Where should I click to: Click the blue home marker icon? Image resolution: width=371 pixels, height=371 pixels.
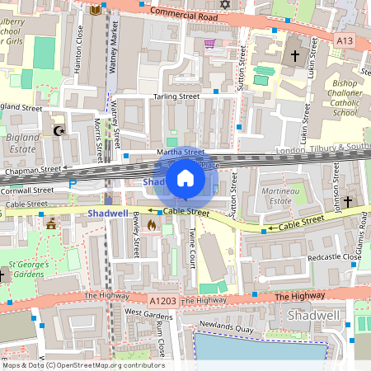[185, 178]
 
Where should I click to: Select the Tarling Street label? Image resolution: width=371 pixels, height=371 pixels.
[176, 96]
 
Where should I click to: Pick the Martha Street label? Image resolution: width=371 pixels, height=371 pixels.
[181, 152]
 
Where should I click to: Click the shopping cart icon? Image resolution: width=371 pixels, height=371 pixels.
[209, 44]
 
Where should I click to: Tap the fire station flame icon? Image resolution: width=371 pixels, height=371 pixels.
[151, 223]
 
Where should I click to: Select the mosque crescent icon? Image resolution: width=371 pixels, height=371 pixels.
[58, 130]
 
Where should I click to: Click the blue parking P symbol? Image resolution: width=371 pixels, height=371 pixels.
[72, 183]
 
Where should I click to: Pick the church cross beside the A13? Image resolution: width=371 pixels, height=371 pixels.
[296, 56]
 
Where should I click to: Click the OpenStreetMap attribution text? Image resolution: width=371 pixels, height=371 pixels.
[82, 365]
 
